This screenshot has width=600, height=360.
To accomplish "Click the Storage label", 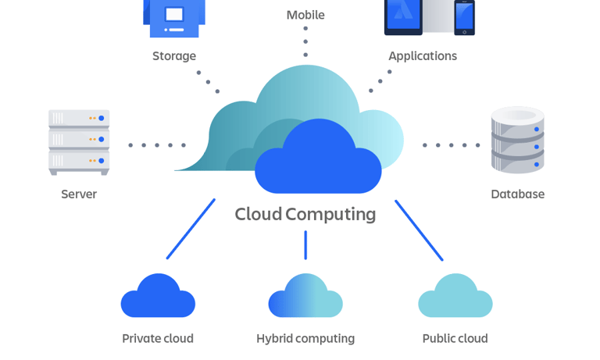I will tap(174, 56).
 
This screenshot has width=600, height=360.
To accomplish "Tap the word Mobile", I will tap(305, 15).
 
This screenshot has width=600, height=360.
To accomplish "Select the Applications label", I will tap(423, 56).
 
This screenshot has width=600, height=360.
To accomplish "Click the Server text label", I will tap(79, 194).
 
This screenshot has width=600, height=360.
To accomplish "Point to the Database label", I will tap(517, 194).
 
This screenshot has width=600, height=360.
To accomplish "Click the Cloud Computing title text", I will tap(305, 214).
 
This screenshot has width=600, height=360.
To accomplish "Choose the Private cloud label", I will tap(158, 338).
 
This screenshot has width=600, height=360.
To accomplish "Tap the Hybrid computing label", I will tap(305, 338).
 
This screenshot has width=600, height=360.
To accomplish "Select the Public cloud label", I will tap(455, 338).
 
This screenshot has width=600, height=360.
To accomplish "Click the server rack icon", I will tap(79, 141).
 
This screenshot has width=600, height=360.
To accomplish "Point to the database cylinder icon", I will tap(517, 140).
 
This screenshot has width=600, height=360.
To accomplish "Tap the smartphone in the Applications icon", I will tap(465, 17).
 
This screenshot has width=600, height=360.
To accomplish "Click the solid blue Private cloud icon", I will tap(158, 298).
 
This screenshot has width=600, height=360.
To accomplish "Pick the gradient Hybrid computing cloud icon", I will tap(305, 298).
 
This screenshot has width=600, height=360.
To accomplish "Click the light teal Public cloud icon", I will tap(455, 298).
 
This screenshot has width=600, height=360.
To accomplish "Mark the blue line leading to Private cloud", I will tap(191, 229).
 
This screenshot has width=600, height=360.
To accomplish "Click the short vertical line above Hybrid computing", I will tap(305, 244).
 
